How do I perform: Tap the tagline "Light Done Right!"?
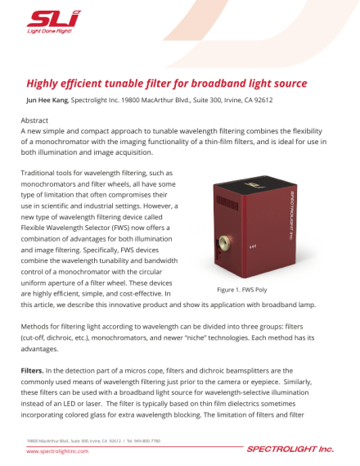click(48, 31)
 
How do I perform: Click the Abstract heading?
click(34, 120)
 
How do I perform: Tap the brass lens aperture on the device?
click(245, 244)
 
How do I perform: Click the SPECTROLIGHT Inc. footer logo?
click(290, 450)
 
